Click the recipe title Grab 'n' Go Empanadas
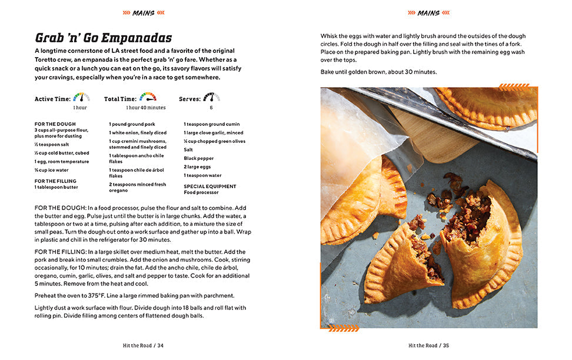[104, 38]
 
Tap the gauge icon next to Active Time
[81, 97]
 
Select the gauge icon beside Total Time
[148, 97]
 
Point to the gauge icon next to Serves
[211, 97]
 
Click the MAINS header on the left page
[144, 12]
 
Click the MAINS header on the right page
[428, 12]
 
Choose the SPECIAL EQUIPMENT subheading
[210, 186]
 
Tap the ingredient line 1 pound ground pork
[132, 124]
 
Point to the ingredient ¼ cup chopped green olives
[214, 141]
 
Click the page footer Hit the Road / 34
[144, 345]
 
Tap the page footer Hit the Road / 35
[429, 345]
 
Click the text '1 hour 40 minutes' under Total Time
[145, 108]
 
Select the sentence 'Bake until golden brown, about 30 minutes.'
[378, 72]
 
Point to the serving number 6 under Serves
[211, 108]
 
